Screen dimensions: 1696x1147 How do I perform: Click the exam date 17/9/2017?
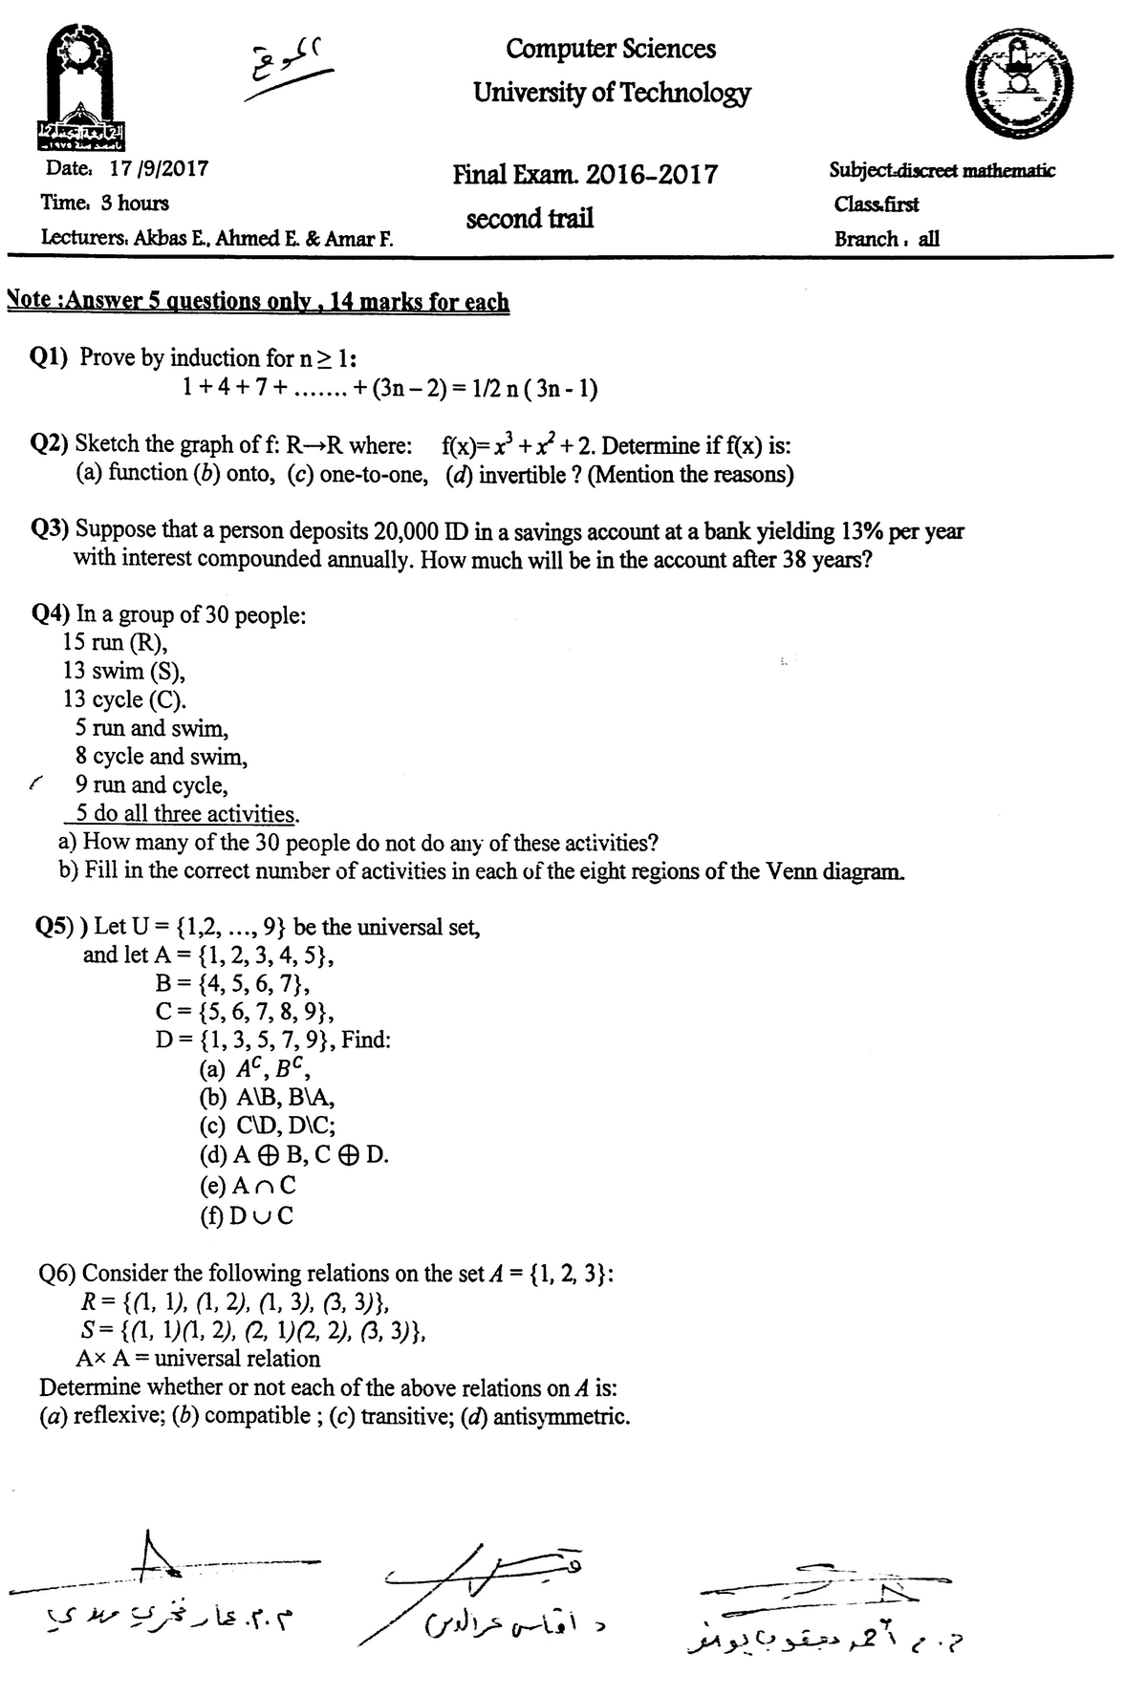pyautogui.click(x=159, y=169)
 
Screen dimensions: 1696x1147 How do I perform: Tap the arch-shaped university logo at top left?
pyautogui.click(x=85, y=91)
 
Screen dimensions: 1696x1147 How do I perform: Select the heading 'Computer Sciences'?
pyautogui.click(x=611, y=48)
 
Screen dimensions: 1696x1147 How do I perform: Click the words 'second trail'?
pyautogui.click(x=530, y=219)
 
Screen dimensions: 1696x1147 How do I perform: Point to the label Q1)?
pyautogui.click(x=51, y=358)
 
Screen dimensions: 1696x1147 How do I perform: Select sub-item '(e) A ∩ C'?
pyautogui.click(x=248, y=1186)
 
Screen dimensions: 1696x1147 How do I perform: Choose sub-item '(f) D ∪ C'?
pyautogui.click(x=247, y=1215)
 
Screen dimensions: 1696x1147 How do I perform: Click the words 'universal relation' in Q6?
pyautogui.click(x=237, y=1359)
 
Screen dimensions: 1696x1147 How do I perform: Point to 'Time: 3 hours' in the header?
pyautogui.click(x=104, y=203)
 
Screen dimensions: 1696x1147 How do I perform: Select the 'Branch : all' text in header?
pyautogui.click(x=886, y=239)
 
